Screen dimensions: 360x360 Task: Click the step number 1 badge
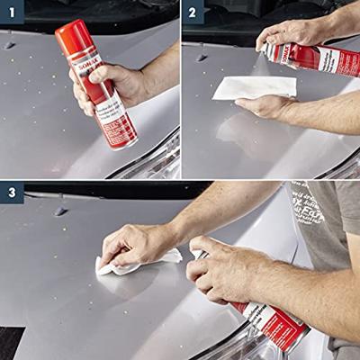coord(12,12)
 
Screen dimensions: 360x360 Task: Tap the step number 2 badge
coord(193,12)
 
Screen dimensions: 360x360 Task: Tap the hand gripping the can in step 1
coord(112,85)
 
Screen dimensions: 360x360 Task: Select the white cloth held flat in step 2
coord(256,86)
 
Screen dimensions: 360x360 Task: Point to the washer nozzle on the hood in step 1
coord(10,45)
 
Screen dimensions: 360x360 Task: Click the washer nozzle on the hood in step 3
coord(61,211)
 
